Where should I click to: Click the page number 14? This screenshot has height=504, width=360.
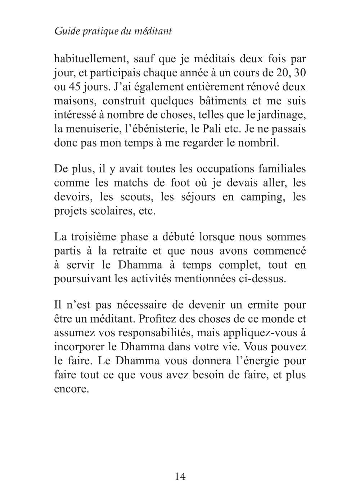tap(180, 477)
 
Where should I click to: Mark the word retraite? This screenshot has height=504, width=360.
tap(129, 251)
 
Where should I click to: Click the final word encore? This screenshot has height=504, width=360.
tap(71, 389)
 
